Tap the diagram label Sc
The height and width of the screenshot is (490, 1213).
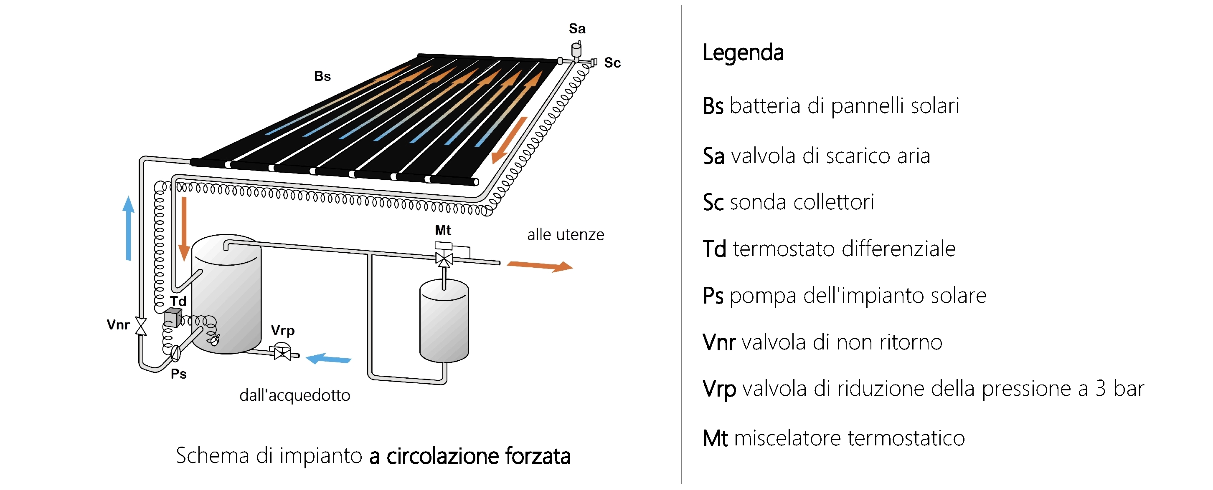click(612, 63)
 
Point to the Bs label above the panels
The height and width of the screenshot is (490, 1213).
click(322, 76)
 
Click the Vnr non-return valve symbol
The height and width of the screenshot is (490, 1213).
click(141, 326)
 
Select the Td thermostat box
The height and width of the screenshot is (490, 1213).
click(173, 317)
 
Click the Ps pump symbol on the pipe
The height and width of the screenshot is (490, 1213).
click(175, 353)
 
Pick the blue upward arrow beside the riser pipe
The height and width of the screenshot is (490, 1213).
click(128, 228)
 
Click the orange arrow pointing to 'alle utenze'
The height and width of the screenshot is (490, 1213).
click(540, 266)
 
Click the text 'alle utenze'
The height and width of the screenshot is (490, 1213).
click(566, 235)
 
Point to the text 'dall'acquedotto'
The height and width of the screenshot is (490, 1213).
click(295, 395)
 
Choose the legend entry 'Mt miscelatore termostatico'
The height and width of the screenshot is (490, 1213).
click(834, 438)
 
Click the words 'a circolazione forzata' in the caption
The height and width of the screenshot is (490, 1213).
click(470, 456)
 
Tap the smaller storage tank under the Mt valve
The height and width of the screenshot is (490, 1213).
click(444, 321)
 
